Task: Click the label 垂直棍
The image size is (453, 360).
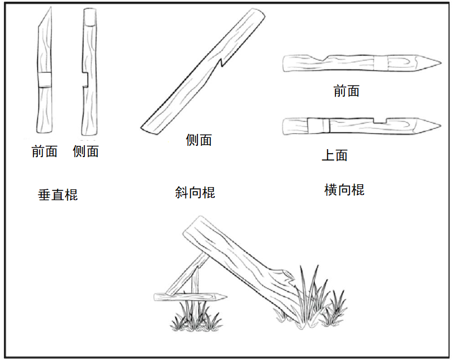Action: point(58,196)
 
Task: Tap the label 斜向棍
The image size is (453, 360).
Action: point(195,193)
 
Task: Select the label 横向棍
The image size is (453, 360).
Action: point(344,190)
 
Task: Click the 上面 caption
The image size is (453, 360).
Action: point(334,155)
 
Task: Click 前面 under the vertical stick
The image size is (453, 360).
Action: point(45,151)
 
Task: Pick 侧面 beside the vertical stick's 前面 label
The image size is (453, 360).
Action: point(86,151)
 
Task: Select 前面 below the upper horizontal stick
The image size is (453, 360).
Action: point(346,91)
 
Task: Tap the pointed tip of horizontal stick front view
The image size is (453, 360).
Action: point(435,61)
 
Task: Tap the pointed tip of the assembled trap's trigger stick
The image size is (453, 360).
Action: point(224,296)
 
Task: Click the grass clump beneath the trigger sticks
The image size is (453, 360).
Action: point(196,319)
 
